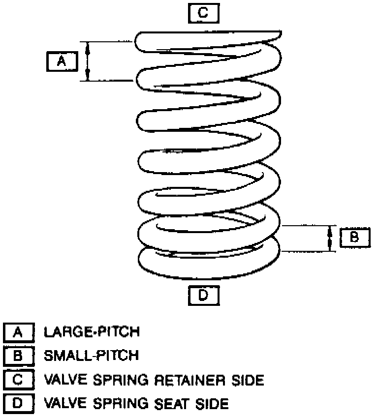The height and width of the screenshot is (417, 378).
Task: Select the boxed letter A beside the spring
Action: click(62, 61)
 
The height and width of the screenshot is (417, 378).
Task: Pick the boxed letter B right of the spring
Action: click(354, 238)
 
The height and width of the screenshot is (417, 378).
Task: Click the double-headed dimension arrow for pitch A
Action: click(88, 61)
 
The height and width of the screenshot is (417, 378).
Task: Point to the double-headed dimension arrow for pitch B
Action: click(329, 239)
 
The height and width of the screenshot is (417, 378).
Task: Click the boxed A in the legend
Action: click(18, 332)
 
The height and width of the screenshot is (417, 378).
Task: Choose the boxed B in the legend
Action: click(18, 356)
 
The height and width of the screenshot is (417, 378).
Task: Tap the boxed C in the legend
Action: click(18, 380)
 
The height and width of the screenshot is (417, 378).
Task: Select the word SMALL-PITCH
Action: click(92, 356)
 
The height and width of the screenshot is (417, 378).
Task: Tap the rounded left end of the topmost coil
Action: click(140, 41)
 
